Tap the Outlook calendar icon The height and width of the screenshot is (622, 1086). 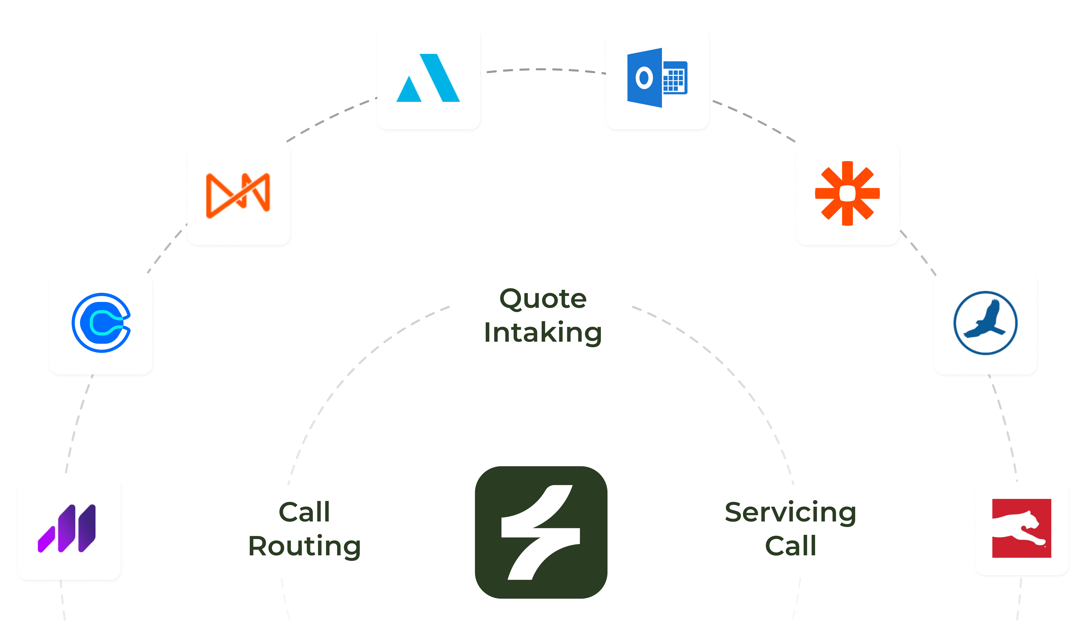657,78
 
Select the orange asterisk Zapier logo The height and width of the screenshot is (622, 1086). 847,194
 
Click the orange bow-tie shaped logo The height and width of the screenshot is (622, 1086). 238,195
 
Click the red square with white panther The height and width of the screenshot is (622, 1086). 1022,529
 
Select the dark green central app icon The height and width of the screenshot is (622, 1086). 541,532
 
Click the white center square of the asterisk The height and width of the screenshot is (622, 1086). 847,194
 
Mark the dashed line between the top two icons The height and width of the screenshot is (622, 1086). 543,69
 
